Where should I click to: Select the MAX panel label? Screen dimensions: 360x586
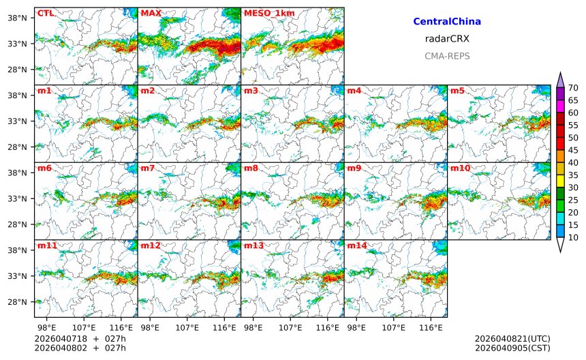click(151, 13)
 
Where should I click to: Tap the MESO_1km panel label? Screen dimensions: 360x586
click(265, 13)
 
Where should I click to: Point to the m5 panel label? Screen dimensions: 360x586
click(457, 91)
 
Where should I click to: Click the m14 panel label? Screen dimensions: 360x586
click(356, 245)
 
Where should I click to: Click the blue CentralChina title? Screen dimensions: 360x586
click(447, 22)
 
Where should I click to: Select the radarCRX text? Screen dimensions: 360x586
click(447, 39)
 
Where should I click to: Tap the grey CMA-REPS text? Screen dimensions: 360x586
click(447, 56)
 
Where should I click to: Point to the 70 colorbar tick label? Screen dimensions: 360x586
click(573, 87)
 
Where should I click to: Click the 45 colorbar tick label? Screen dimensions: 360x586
click(573, 150)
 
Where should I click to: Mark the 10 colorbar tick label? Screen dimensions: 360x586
click(573, 237)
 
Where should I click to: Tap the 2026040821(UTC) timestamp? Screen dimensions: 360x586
click(512, 339)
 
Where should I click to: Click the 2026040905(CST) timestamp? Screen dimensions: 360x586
click(512, 348)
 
